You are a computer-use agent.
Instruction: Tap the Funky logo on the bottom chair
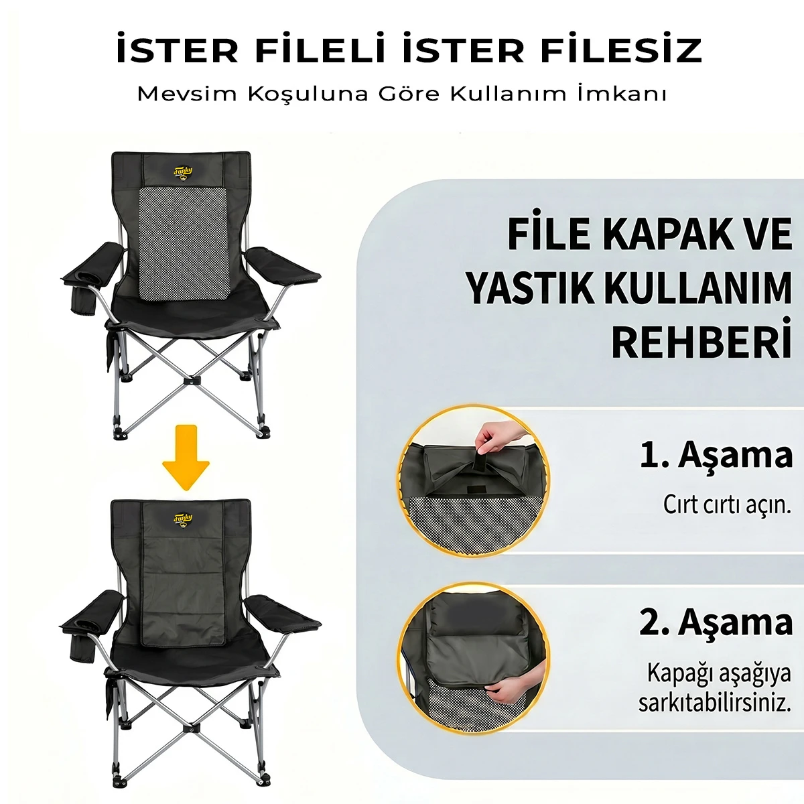click(183, 520)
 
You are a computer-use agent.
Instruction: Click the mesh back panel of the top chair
click(184, 244)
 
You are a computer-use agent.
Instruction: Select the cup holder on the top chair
click(84, 299)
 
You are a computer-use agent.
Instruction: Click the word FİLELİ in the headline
click(320, 50)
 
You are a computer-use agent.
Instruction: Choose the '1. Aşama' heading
click(716, 454)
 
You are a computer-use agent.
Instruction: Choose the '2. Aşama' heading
click(716, 623)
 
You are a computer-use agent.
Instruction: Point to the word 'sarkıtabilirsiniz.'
click(715, 703)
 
